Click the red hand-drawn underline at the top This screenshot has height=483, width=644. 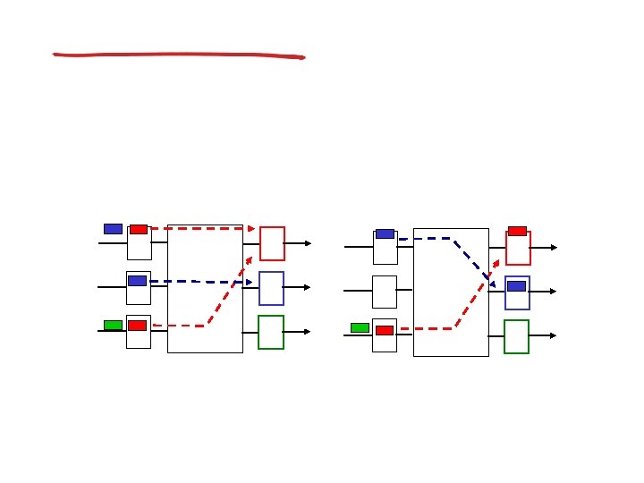coord(179,55)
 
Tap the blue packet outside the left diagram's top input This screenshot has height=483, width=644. coord(113,229)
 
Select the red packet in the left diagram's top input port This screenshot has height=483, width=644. coord(139,230)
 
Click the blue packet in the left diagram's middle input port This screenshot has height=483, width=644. coord(137,281)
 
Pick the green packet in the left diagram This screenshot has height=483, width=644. coord(113,325)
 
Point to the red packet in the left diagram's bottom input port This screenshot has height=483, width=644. coord(137,326)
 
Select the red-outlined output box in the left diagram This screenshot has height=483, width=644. coord(272,243)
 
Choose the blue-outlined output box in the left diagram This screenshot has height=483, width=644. coord(271,288)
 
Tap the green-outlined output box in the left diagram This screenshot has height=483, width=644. coord(271,332)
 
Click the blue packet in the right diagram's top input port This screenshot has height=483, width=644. coord(385,234)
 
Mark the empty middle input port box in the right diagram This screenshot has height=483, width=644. coord(385,292)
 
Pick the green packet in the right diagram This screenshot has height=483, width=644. coord(360,327)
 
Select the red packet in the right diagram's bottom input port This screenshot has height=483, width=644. coord(385,330)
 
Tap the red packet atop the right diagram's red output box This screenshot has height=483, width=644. coord(517,231)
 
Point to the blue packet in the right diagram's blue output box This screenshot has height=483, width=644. coord(516,286)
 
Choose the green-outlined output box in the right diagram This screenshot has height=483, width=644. coord(516,336)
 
